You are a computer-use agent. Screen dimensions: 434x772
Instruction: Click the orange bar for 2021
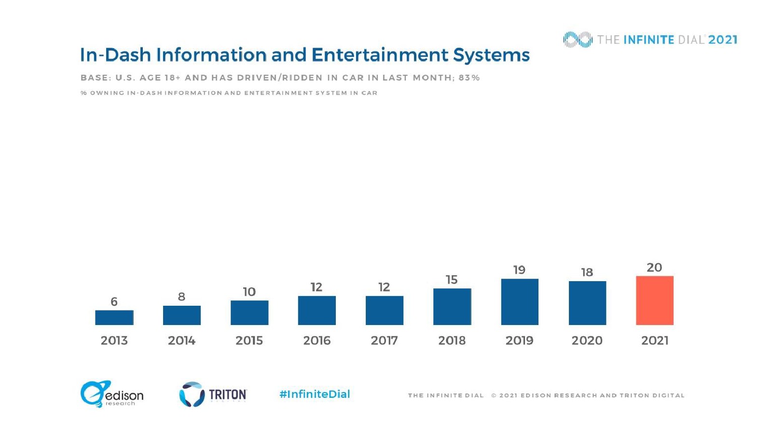pyautogui.click(x=654, y=300)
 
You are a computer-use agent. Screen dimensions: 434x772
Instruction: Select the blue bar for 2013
pyautogui.click(x=114, y=317)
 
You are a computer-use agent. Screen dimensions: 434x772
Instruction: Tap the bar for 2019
pyautogui.click(x=519, y=302)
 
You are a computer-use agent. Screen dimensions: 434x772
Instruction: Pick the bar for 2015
pyautogui.click(x=249, y=312)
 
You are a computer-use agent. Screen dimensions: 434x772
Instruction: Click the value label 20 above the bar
pyautogui.click(x=654, y=268)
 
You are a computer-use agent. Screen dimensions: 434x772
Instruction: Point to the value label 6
pyautogui.click(x=114, y=302)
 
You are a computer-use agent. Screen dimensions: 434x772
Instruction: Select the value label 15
pyautogui.click(x=452, y=280)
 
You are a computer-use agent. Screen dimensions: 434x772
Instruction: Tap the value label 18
pyautogui.click(x=587, y=272)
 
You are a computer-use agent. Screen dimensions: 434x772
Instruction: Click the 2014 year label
pyautogui.click(x=181, y=340)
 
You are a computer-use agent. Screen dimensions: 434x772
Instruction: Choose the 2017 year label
pyautogui.click(x=384, y=340)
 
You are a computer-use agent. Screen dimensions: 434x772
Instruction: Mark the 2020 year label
pyautogui.click(x=587, y=340)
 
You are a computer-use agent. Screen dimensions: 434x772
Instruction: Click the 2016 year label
pyautogui.click(x=317, y=340)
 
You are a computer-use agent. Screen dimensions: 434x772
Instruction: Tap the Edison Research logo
pyautogui.click(x=112, y=394)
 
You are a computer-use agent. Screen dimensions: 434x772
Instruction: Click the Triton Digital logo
pyautogui.click(x=213, y=394)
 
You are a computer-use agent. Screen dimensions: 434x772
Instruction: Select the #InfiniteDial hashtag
pyautogui.click(x=315, y=394)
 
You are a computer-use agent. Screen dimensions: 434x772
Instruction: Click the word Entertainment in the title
pyautogui.click(x=380, y=55)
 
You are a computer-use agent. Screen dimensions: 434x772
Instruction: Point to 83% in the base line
pyautogui.click(x=469, y=78)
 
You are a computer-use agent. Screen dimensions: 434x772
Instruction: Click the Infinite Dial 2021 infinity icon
pyautogui.click(x=578, y=40)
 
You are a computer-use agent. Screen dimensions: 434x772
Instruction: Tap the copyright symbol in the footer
pyautogui.click(x=494, y=395)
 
